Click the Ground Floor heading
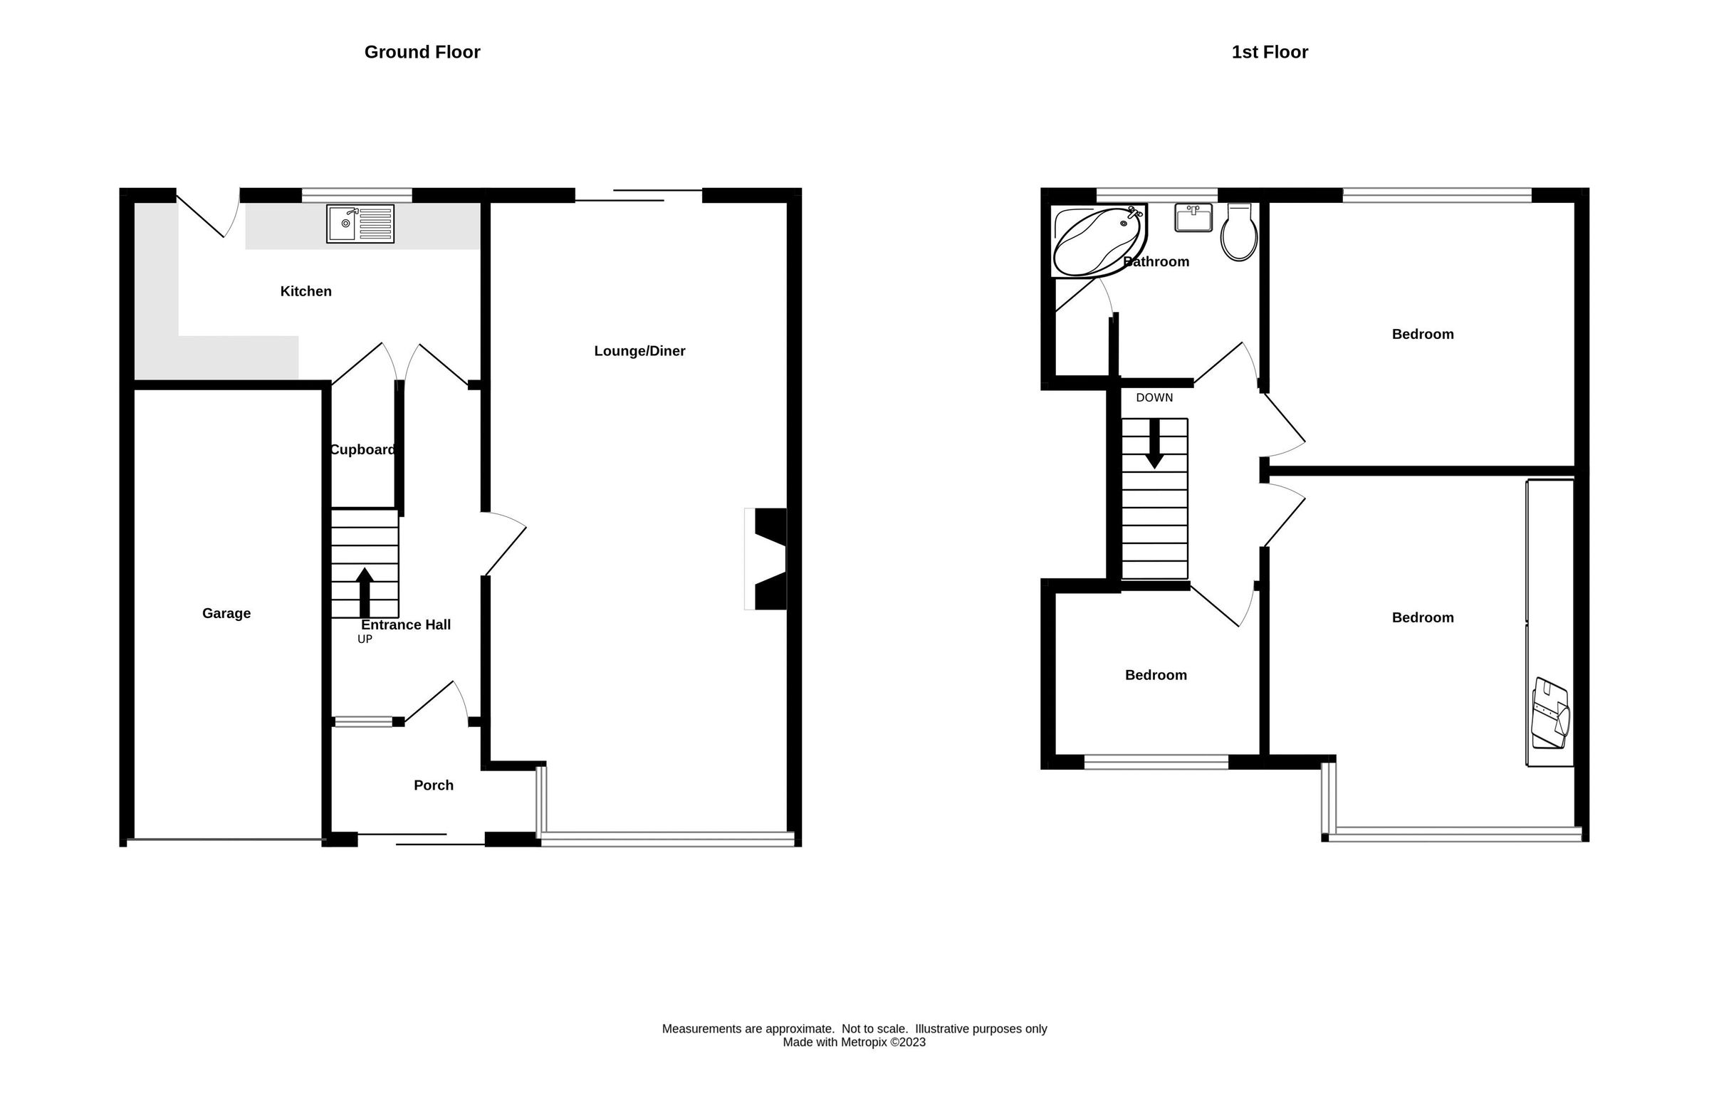click(x=422, y=52)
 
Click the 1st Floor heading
click(x=1269, y=52)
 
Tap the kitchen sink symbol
click(x=360, y=224)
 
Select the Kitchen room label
click(x=306, y=291)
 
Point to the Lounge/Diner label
click(x=639, y=351)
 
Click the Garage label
click(x=226, y=613)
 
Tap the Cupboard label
click(x=362, y=450)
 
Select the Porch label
click(x=434, y=785)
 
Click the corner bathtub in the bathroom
click(x=1096, y=241)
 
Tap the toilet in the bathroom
click(x=1238, y=233)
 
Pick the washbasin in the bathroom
click(x=1193, y=218)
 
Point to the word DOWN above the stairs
click(x=1154, y=397)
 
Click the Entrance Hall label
click(x=405, y=624)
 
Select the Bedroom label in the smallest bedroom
click(x=1155, y=675)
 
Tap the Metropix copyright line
click(x=854, y=1042)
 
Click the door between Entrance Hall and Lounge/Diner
click(x=505, y=545)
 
